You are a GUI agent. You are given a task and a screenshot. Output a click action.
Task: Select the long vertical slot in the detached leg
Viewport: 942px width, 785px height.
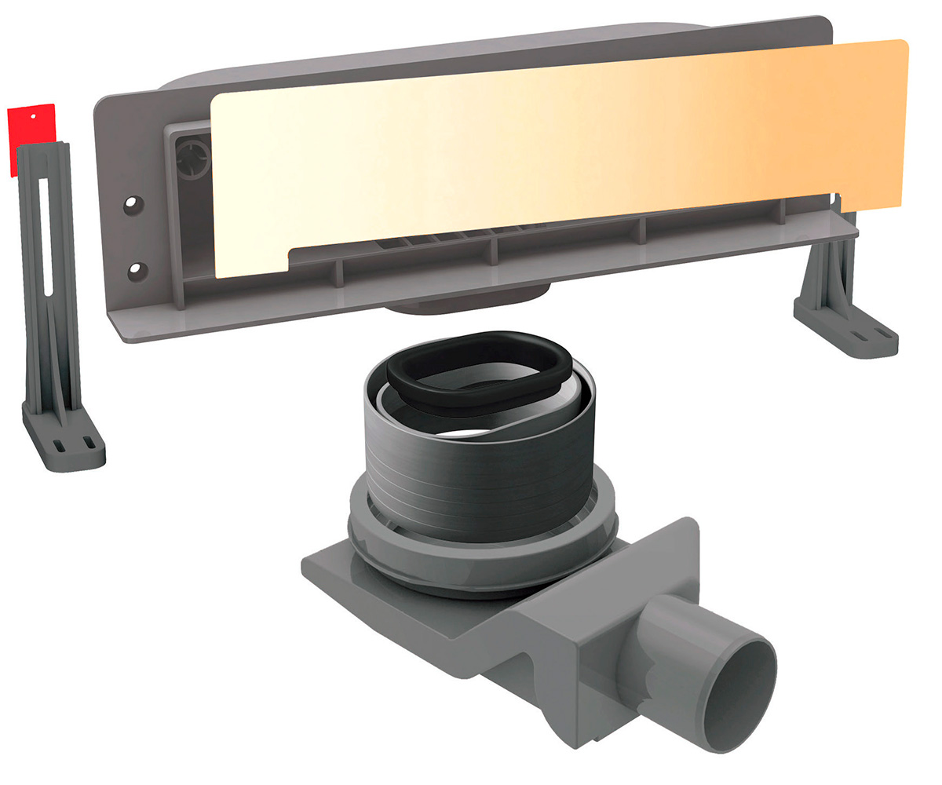[46, 235]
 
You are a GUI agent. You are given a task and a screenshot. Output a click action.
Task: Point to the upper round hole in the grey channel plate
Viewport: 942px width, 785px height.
[131, 203]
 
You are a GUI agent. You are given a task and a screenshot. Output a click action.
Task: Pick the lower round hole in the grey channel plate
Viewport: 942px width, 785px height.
[137, 269]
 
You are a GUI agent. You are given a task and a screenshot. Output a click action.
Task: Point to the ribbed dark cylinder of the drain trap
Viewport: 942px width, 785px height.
[479, 471]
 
